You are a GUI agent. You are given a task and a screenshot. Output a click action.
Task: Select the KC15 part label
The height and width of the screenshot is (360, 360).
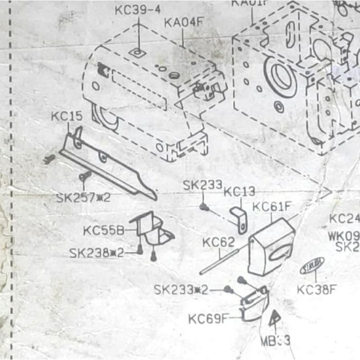[x=66, y=117]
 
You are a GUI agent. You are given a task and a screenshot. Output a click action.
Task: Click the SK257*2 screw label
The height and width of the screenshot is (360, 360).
[x=83, y=198]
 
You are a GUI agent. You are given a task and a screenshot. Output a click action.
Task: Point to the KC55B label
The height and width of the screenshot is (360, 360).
[x=103, y=231]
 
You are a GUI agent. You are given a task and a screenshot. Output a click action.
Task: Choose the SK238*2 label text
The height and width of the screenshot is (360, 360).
[x=96, y=253]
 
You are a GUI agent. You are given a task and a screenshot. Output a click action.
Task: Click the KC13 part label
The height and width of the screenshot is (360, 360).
[x=239, y=192]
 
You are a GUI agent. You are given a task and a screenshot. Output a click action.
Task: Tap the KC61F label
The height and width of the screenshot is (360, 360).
[x=272, y=207]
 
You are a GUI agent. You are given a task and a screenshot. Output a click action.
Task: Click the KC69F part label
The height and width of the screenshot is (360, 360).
[x=208, y=319]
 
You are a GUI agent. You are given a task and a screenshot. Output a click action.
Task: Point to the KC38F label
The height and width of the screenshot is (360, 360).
[x=316, y=289]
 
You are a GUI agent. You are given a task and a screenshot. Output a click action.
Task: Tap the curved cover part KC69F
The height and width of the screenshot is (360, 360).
[x=255, y=304]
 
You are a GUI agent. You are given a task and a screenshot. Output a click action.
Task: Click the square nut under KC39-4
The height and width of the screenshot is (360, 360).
[x=138, y=53]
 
